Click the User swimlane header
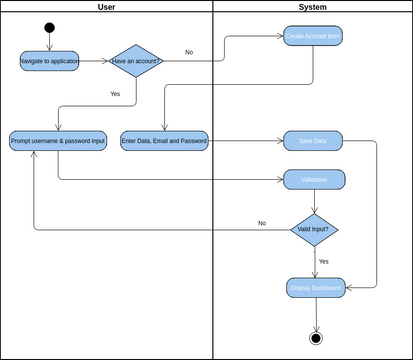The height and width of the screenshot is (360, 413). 106,7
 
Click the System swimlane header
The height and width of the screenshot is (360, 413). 312,7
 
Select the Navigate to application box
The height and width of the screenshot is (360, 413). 50,61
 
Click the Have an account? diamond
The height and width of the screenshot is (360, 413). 135,61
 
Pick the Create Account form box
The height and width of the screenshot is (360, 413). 313,37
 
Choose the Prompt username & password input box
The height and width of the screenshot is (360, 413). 57,141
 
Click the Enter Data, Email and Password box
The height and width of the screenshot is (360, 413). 165,141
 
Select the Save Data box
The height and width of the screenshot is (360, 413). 313,141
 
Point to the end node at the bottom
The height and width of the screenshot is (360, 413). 316,337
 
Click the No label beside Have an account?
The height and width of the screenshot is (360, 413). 189,52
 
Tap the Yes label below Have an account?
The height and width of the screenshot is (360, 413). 115,93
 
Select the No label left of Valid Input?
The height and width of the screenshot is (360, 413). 262,222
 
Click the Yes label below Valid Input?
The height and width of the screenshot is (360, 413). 324,261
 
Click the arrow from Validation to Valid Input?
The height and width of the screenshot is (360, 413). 316,201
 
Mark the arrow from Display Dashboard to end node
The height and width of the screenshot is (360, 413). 316,314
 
